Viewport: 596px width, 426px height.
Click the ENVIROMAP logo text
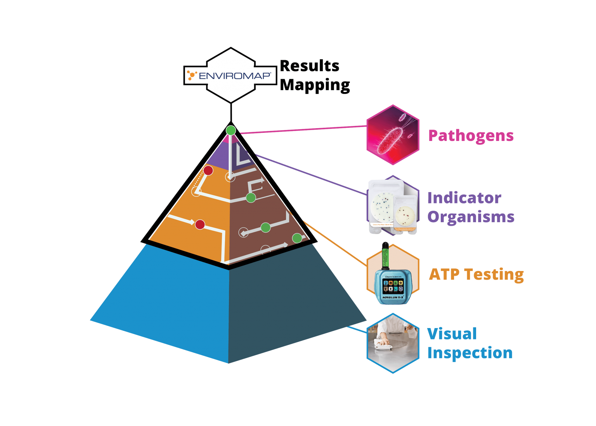pos(234,75)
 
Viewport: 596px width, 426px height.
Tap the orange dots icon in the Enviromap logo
pos(192,75)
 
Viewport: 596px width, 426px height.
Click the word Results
pos(310,66)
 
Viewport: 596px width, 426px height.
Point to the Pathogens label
pos(471,136)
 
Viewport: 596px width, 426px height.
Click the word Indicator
pos(464,198)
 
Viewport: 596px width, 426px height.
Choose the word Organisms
pos(471,217)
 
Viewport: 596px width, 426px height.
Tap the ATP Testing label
pos(476,274)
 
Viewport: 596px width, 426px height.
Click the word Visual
pos(452,334)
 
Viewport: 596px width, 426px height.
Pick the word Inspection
pos(470,353)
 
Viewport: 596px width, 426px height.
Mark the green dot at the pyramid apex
pos(231,130)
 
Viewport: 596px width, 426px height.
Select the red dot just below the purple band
pos(208,170)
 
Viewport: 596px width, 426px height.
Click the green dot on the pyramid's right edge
pos(297,238)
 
